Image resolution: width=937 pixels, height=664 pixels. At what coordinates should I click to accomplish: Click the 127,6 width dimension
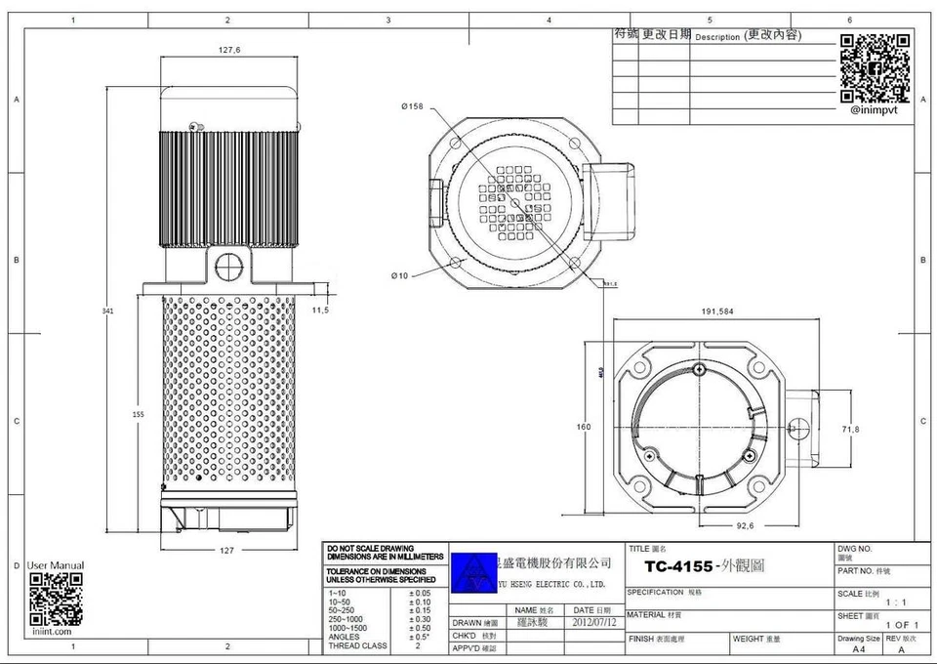229,49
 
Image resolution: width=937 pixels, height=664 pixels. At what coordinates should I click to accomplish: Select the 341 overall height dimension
108,311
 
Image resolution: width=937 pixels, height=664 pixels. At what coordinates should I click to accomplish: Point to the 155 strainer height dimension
138,415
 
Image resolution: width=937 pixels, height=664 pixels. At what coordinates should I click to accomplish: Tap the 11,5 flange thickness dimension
320,310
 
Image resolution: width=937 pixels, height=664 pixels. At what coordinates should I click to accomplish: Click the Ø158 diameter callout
412,106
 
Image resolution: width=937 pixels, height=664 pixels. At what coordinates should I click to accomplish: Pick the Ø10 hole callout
399,276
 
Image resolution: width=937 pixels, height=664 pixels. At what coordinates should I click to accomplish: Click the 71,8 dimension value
850,429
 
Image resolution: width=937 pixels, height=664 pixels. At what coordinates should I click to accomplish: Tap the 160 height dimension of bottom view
583,427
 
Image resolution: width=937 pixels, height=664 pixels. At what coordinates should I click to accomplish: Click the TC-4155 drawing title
678,566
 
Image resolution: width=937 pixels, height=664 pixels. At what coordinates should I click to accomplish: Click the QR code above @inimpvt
875,67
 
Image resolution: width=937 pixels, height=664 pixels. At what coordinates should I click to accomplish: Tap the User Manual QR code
56,600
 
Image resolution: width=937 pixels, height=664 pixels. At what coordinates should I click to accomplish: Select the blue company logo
470,567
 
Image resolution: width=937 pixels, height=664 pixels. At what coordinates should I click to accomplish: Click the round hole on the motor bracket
229,264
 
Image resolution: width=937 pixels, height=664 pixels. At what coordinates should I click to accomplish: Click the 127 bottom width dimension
227,550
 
